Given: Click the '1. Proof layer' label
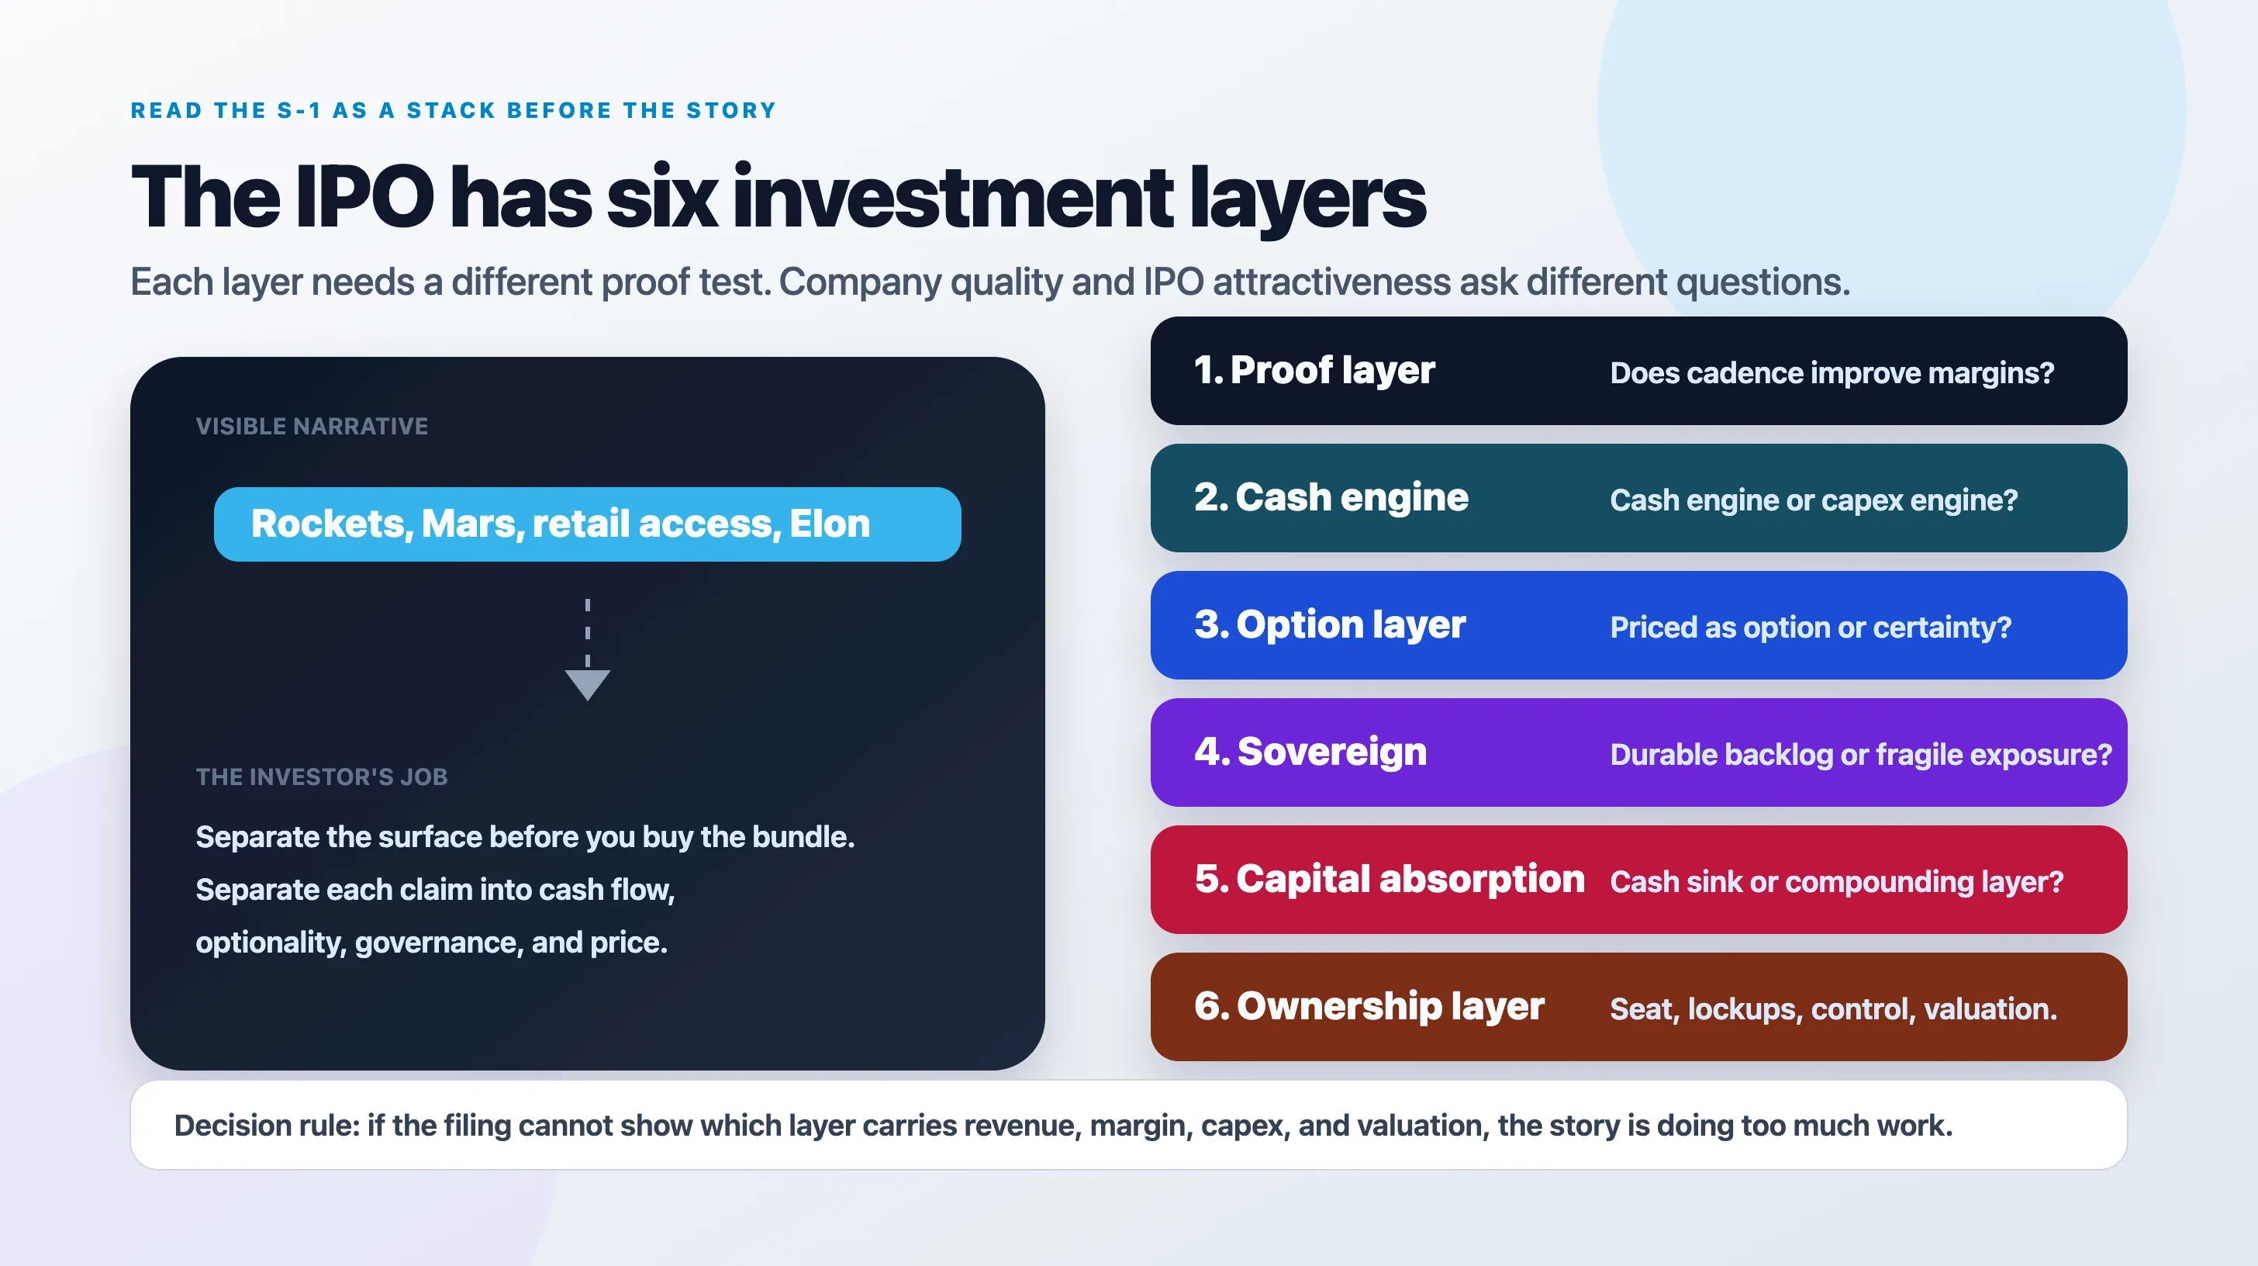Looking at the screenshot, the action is (1314, 370).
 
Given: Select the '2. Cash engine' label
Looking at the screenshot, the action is (1331, 497).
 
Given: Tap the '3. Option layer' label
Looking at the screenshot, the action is (1330, 624).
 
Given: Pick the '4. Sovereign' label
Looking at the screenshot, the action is (1310, 752).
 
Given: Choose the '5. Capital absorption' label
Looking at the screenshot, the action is (1390, 878).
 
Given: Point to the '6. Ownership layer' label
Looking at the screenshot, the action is (1369, 1005).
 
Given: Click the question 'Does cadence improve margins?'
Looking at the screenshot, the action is (1832, 373).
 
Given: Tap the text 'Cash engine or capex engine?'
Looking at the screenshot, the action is (1814, 500).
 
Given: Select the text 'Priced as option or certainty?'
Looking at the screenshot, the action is (1811, 628).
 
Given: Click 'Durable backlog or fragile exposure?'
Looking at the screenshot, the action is (1861, 755).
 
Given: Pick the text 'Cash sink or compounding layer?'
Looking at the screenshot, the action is (1837, 882).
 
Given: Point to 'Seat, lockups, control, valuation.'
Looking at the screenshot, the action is (1834, 1009).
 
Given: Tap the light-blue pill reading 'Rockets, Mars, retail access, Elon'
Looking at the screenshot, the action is (587, 524).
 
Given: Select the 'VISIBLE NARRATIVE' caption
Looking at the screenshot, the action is (312, 426).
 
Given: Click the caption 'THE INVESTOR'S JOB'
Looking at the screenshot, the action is (322, 777).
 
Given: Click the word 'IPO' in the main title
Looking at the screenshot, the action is (364, 197).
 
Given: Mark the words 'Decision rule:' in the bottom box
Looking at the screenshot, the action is (268, 1126).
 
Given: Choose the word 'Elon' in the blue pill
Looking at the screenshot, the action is (829, 524).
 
